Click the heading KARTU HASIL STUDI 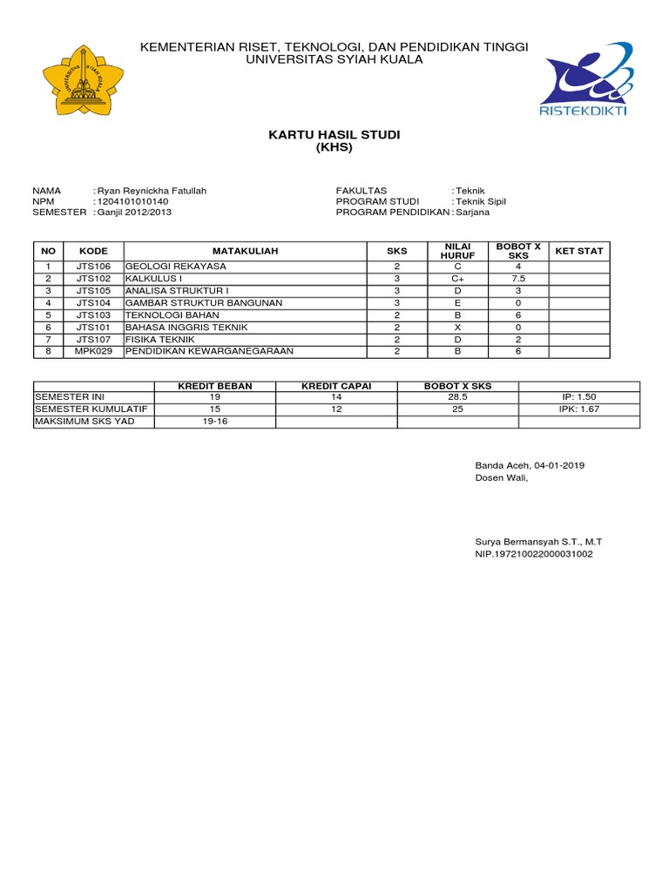tap(334, 134)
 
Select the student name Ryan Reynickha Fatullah tap(152, 190)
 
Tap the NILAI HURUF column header tap(457, 251)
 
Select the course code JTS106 tap(93, 267)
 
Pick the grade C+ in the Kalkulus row tap(457, 279)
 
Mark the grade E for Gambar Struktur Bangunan tap(457, 303)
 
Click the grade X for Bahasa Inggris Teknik tap(457, 328)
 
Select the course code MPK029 tap(93, 352)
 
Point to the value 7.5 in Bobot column tap(518, 279)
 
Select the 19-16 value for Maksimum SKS tap(214, 422)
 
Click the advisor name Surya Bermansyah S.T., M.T tap(537, 542)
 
